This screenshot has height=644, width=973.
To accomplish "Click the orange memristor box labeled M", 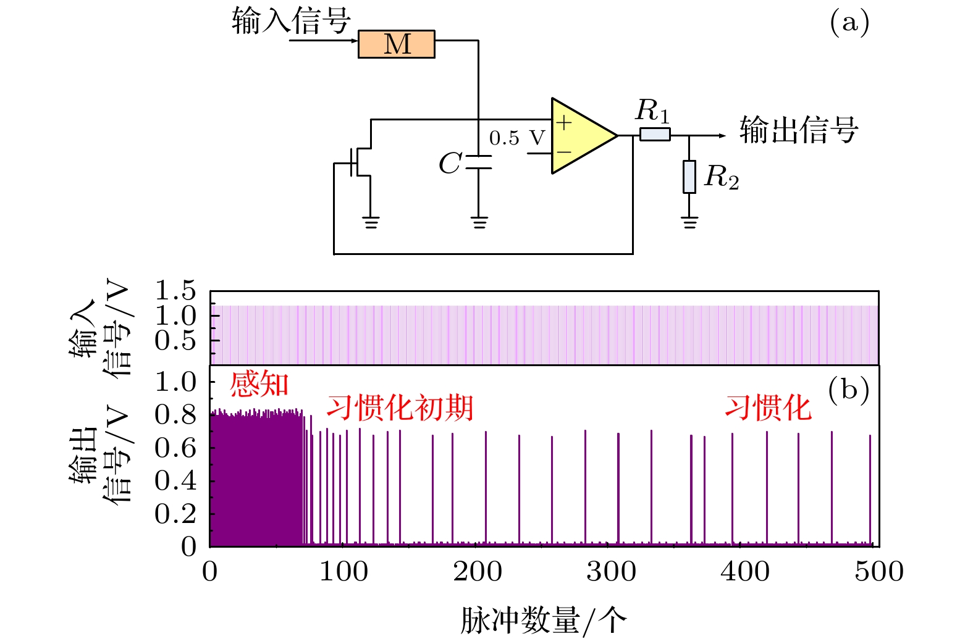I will click(x=396, y=44).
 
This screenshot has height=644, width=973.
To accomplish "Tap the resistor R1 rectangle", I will click(x=654, y=133).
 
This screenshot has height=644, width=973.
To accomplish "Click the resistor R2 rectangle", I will click(x=689, y=177).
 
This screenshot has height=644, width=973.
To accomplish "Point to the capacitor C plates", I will click(x=478, y=162).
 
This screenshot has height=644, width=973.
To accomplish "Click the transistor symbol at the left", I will click(x=358, y=162).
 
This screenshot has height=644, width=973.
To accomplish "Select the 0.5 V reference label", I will click(x=517, y=138).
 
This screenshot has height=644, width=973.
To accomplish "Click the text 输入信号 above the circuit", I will click(x=292, y=21).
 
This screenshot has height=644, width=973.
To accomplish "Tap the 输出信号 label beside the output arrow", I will click(x=799, y=130).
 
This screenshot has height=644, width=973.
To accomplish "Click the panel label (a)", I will click(x=849, y=23).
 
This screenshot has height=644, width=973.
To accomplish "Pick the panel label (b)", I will click(x=848, y=390).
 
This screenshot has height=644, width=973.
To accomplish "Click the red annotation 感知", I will click(x=259, y=384).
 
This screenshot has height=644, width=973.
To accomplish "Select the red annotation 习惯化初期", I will click(x=400, y=408).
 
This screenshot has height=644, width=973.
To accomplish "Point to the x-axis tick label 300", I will click(x=611, y=572).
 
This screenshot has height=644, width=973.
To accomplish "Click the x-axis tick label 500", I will click(x=878, y=572).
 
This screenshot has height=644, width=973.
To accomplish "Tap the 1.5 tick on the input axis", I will click(x=175, y=290).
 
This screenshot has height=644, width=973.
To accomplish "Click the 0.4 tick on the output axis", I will click(x=175, y=480).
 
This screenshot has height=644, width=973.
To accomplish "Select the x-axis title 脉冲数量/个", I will click(x=543, y=620).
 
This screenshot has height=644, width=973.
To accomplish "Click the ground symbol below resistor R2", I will click(x=689, y=222).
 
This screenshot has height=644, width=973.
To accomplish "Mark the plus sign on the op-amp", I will click(x=563, y=123).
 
